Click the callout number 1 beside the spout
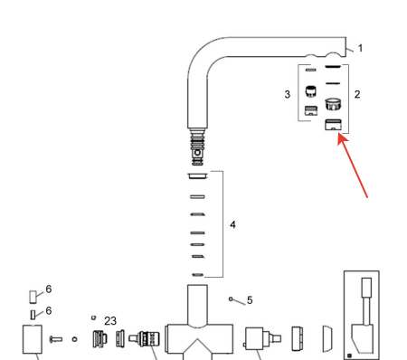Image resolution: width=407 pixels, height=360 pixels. (x=360, y=48)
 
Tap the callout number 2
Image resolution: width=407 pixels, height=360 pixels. (x=357, y=94)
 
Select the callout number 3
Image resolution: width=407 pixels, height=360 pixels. (x=288, y=94)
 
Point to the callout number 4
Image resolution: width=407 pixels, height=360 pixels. (x=232, y=224)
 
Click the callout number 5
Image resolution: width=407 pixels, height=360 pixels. (x=250, y=300)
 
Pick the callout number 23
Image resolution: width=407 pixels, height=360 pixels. (x=110, y=321)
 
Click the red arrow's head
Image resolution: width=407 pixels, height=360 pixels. (x=342, y=138)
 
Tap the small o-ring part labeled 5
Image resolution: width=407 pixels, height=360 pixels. (x=231, y=299)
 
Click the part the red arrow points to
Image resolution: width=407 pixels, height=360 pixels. (x=333, y=125)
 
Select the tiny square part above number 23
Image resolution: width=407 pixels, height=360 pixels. (x=93, y=317)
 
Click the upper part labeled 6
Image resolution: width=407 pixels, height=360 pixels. (x=33, y=297)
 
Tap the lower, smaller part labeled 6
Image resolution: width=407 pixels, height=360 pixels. (x=33, y=315)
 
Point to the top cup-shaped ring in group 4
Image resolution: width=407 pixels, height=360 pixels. (x=197, y=175)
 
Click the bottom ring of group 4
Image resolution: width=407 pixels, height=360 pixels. (x=197, y=275)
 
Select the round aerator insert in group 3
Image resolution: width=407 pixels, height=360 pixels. (x=310, y=91)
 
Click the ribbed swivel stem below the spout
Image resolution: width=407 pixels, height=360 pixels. (x=197, y=147)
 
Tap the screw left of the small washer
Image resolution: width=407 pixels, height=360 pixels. (x=56, y=339)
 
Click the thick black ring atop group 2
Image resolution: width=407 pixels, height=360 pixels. (x=333, y=66)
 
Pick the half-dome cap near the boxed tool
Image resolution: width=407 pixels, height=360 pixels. (x=327, y=338)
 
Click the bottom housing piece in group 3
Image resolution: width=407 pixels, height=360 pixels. (x=311, y=110)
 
